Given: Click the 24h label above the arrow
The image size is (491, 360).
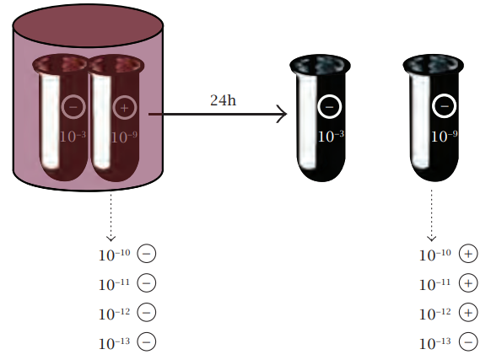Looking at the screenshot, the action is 223,100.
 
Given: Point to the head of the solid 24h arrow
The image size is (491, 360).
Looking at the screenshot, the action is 286,114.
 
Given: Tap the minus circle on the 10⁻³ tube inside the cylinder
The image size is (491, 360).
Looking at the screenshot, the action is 73,107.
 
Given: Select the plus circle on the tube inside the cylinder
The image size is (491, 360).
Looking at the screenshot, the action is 124,108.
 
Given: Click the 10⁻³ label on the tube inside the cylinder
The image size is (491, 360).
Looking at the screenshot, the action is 73,137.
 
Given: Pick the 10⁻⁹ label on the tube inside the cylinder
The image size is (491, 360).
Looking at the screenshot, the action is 124,137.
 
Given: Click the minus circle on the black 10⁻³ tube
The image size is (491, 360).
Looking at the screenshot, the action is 329,107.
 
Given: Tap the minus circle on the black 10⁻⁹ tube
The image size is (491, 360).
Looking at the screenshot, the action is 444,106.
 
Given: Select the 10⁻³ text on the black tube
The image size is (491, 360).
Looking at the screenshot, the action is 331,137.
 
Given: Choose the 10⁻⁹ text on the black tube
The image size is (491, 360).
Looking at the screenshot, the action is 445,137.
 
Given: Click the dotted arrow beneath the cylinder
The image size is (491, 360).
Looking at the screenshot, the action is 111,218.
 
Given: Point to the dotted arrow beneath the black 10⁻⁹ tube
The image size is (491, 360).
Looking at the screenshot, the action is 431,215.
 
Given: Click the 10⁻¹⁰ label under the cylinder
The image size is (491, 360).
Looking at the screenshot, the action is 114,255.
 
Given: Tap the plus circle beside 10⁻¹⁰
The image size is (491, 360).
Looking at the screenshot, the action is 468,254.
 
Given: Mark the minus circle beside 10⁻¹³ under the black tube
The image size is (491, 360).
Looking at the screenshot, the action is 468,341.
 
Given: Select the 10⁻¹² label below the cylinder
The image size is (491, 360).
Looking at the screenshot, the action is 114,314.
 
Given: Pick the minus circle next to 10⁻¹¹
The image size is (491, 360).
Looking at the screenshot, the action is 147,283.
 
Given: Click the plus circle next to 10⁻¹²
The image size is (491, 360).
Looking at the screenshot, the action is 468,313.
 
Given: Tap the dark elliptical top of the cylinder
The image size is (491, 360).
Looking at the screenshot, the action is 88,25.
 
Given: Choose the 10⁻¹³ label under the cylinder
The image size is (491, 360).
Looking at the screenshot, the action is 114,343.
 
